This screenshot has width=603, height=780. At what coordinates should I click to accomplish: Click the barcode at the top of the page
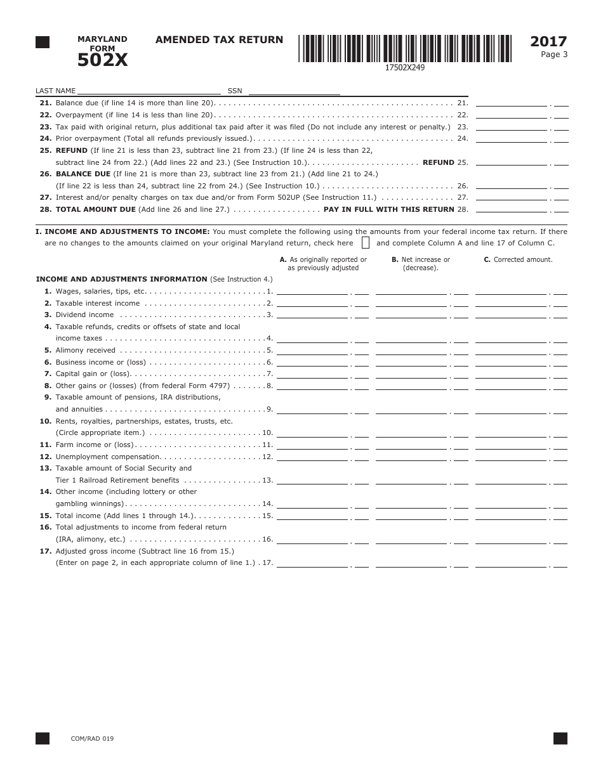[405, 48]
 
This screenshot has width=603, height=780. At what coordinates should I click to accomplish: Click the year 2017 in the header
[548, 42]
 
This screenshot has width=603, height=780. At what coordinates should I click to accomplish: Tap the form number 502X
[102, 60]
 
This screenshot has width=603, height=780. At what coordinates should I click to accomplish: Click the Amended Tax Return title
[219, 40]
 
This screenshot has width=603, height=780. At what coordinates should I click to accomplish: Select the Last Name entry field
[149, 90]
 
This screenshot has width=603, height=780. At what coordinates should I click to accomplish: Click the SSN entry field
[293, 90]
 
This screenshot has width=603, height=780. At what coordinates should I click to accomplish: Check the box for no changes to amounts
[366, 243]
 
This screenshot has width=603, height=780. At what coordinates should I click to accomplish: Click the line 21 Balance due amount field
[511, 102]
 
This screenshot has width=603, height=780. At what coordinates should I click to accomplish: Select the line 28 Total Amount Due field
[511, 209]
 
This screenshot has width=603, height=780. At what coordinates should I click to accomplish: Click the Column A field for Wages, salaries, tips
[312, 290]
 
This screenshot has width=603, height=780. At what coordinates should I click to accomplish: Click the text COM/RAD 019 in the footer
[92, 738]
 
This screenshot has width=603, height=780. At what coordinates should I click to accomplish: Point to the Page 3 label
[553, 55]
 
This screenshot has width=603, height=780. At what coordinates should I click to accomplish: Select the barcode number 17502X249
[404, 68]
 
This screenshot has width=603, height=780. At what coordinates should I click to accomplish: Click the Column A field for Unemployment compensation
[312, 456]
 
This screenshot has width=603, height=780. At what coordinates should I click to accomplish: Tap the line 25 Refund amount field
[511, 162]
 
